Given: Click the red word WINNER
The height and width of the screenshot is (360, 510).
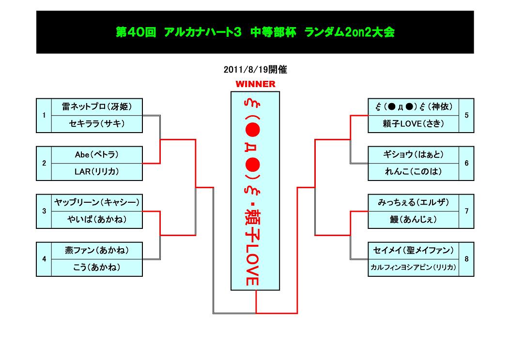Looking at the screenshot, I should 255,84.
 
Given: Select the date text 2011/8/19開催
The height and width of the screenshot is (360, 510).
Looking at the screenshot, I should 255,70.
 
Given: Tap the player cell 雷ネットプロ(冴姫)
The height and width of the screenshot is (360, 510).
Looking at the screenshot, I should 97,106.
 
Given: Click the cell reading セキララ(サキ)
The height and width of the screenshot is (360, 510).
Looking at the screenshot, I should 97,124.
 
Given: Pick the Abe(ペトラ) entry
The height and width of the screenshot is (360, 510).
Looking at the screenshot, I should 97,154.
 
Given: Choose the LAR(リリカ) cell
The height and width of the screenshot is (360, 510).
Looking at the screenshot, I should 97,171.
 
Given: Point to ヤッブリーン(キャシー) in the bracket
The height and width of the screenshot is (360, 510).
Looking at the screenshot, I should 97,202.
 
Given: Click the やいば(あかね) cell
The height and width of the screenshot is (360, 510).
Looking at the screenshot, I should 97,220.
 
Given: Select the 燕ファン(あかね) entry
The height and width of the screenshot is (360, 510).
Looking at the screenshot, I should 97,250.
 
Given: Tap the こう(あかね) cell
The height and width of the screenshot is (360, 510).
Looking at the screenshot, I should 97,267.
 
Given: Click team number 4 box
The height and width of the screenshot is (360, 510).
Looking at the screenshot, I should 44,259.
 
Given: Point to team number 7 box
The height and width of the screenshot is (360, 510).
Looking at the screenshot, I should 466,211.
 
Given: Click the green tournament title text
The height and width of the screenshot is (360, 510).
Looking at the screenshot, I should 255,32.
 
